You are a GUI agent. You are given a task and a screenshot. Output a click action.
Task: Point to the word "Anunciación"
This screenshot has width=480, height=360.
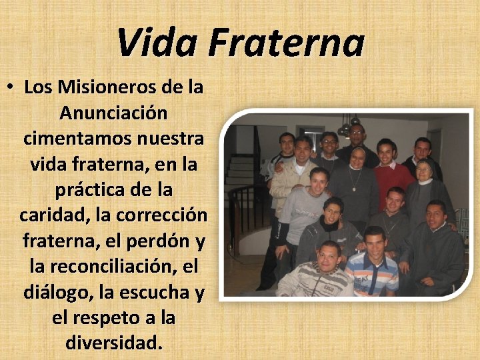(x=113, y=113)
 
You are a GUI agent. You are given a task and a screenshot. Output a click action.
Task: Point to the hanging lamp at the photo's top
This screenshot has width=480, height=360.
(x=348, y=127)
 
